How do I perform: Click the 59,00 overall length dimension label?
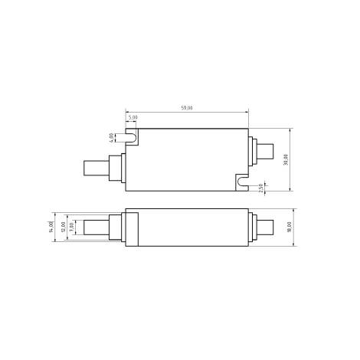(186, 109)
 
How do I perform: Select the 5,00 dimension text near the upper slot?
(133, 118)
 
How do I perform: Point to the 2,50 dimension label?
(262, 186)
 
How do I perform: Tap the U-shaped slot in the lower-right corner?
(242, 182)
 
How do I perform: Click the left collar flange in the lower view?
(116, 227)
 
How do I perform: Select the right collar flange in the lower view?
(253, 227)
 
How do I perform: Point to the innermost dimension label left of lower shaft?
(72, 227)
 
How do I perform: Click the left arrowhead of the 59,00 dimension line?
(126, 113)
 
